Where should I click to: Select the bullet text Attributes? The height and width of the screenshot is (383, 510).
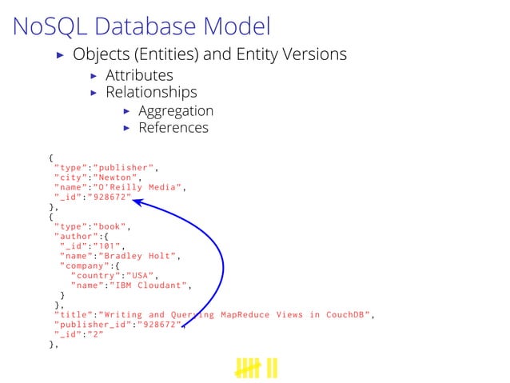[x=139, y=75]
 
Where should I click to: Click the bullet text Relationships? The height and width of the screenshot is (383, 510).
[x=151, y=93]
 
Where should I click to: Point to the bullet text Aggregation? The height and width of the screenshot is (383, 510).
[x=175, y=110]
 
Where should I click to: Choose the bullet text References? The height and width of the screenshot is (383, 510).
[x=173, y=128]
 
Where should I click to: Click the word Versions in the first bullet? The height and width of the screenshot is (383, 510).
[x=310, y=54]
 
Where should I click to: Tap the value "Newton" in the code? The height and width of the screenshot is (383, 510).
[x=118, y=178]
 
